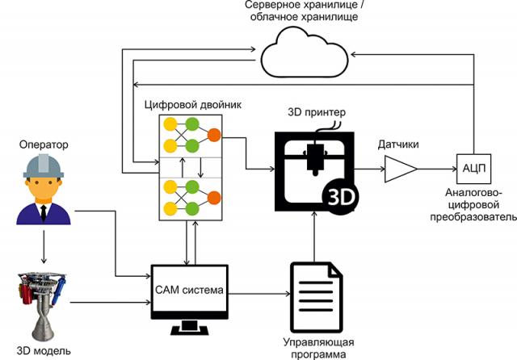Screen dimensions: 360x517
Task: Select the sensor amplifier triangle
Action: click(x=400, y=170)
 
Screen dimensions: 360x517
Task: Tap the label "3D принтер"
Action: click(x=315, y=111)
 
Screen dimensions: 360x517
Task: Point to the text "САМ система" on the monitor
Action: click(x=191, y=291)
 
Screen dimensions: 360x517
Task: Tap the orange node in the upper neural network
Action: click(x=214, y=136)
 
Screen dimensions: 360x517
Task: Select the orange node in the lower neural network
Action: click(x=214, y=198)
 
